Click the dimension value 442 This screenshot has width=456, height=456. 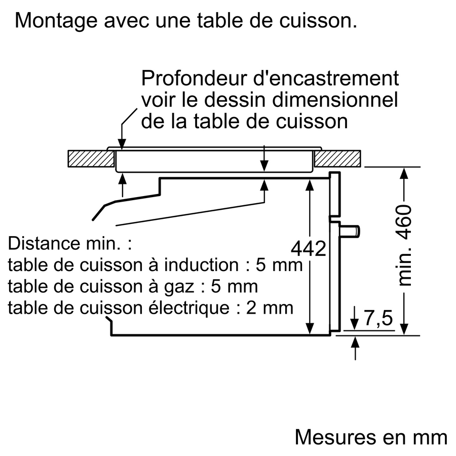[309, 249]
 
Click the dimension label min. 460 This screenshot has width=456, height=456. [404, 245]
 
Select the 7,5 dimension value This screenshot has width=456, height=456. [378, 318]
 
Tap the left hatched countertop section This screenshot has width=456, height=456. [91, 159]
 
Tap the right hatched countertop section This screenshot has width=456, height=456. [337, 159]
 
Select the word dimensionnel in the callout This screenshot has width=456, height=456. [335, 99]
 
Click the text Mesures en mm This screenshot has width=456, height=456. [371, 437]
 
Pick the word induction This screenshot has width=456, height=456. [201, 265]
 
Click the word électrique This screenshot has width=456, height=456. [189, 308]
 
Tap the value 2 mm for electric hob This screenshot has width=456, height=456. [270, 308]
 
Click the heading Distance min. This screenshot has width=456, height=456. [70, 243]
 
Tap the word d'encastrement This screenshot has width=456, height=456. [326, 78]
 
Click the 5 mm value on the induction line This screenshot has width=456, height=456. [279, 265]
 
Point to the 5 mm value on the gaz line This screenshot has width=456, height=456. [234, 286]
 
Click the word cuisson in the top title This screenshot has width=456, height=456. [318, 20]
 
